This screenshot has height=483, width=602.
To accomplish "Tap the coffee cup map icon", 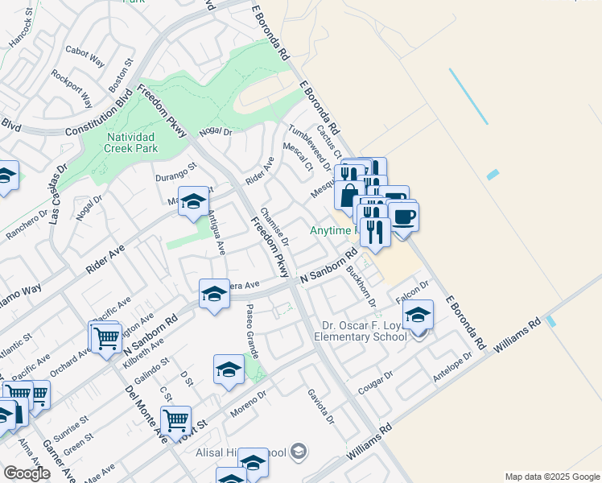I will [403, 217].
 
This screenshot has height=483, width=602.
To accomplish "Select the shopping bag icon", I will [349, 196].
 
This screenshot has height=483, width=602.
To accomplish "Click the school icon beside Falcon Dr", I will [418, 316].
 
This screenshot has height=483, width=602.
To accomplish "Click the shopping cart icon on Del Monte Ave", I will [175, 420].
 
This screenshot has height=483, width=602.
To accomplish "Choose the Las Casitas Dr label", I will [56, 196].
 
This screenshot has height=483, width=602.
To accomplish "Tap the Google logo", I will [26, 473].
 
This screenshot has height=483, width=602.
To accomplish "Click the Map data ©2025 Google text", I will [552, 477].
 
